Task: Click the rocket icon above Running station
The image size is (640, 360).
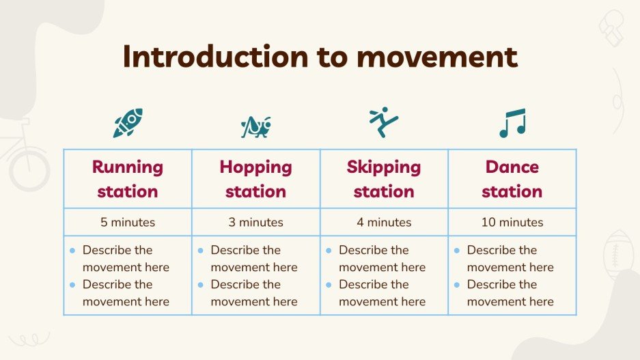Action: pyautogui.click(x=128, y=123)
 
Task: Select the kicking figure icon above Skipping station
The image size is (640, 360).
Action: pyautogui.click(x=383, y=122)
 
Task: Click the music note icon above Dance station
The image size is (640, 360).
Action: pyautogui.click(x=512, y=123)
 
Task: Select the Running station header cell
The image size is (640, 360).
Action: pyautogui.click(x=128, y=179)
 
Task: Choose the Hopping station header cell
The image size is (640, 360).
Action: pyautogui.click(x=255, y=179)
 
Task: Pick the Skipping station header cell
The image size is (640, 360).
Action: pyautogui.click(x=384, y=179)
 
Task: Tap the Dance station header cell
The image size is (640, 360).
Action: pyautogui.click(x=512, y=179)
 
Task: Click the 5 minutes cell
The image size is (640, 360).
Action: pyautogui.click(x=128, y=222)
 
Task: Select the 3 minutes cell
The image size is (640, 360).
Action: pyautogui.click(x=255, y=222)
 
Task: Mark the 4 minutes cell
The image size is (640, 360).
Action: pyautogui.click(x=384, y=222)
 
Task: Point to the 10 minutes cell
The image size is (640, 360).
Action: pyautogui.click(x=512, y=222)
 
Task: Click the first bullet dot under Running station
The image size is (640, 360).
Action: pyautogui.click(x=72, y=251)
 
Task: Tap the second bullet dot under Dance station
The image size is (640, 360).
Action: pyautogui.click(x=456, y=285)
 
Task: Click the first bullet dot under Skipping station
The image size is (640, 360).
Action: pyautogui.click(x=329, y=251)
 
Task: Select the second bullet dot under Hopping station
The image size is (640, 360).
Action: pyautogui.click(x=200, y=285)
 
